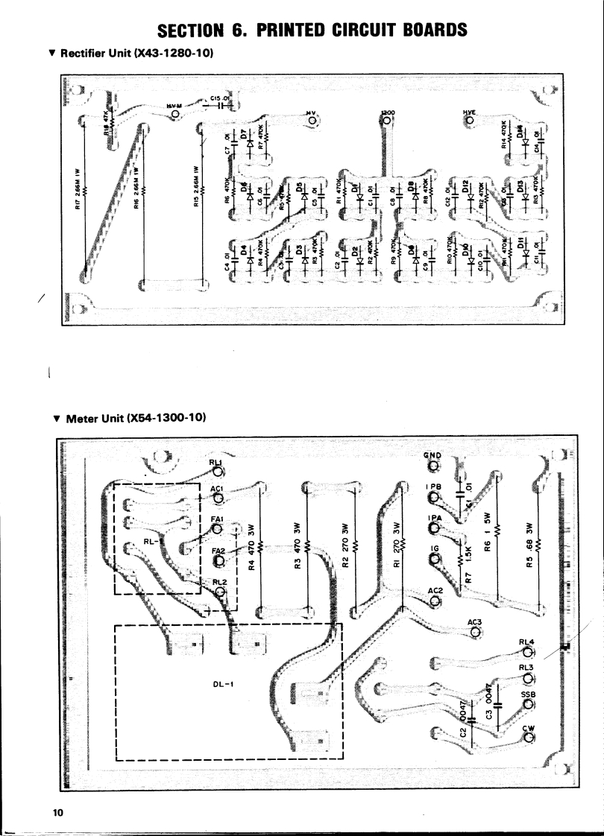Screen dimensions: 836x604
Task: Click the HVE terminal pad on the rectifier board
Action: (x=469, y=121)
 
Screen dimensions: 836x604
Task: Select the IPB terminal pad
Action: (x=434, y=498)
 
